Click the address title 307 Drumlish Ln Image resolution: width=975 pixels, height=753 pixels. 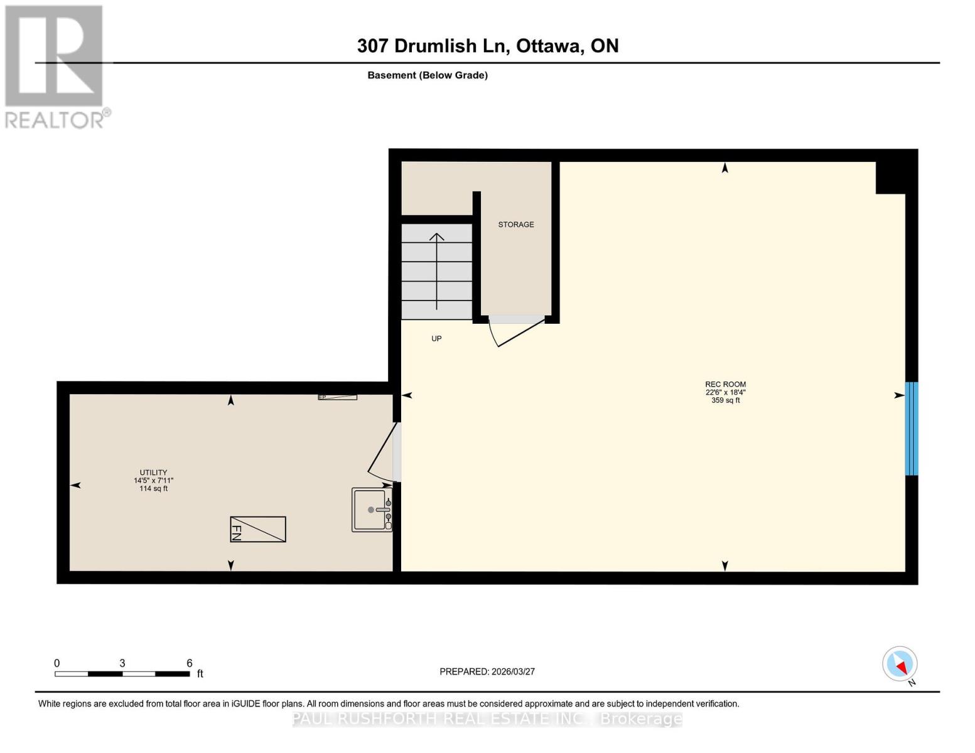pyautogui.click(x=487, y=46)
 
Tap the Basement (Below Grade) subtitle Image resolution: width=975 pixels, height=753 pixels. pyautogui.click(x=428, y=75)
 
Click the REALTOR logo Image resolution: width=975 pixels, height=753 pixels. pyautogui.click(x=55, y=67)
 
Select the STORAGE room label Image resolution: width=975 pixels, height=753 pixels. pyautogui.click(x=516, y=225)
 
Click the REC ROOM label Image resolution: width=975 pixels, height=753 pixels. pyautogui.click(x=725, y=385)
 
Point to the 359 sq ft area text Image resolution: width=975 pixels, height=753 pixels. pyautogui.click(x=725, y=400)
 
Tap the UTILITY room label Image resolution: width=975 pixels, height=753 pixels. pyautogui.click(x=153, y=473)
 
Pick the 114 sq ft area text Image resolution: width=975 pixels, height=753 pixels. pyautogui.click(x=153, y=489)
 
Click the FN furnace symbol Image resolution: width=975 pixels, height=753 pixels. pyautogui.click(x=258, y=530)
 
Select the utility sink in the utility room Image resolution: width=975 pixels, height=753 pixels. pyautogui.click(x=372, y=510)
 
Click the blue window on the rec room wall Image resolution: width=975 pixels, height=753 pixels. pyautogui.click(x=912, y=429)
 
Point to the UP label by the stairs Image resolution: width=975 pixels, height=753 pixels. pyautogui.click(x=436, y=339)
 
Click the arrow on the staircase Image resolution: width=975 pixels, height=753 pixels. pyautogui.click(x=437, y=270)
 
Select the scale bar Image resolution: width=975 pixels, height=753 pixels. pyautogui.click(x=122, y=674)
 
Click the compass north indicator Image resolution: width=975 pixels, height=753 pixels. pyautogui.click(x=900, y=664)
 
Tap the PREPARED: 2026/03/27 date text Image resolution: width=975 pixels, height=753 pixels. pyautogui.click(x=487, y=671)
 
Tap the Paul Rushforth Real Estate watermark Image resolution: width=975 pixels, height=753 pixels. pyautogui.click(x=487, y=719)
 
